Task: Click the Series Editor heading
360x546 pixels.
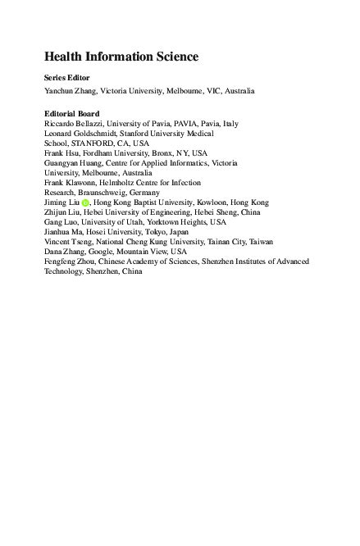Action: (x=66, y=77)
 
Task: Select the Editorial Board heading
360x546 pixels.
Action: (x=71, y=112)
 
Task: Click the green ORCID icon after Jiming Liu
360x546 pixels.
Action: (x=84, y=202)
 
